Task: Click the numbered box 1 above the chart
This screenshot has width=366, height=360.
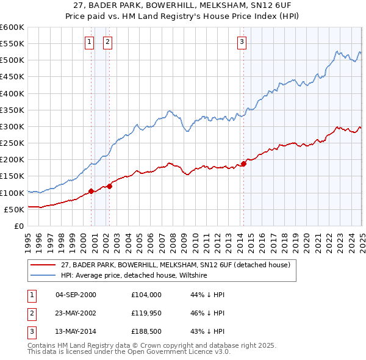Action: [89, 41]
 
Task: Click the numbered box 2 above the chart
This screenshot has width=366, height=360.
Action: [107, 41]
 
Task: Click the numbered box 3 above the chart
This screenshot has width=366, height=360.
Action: [242, 41]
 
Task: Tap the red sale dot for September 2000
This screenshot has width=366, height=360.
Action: [91, 191]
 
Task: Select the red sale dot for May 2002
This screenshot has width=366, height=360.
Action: [110, 186]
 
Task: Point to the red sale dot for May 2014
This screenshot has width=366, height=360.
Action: [243, 164]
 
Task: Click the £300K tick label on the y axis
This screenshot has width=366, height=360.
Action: [12, 126]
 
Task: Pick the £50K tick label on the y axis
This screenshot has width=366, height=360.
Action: [14, 209]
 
